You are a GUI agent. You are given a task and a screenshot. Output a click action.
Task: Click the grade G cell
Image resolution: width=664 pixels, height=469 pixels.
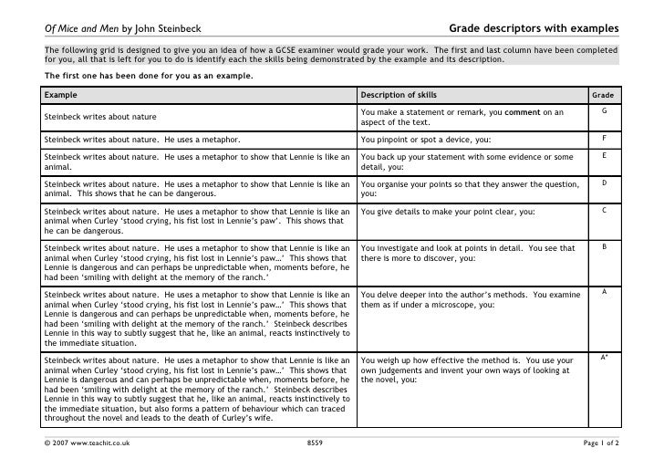pos(603,111)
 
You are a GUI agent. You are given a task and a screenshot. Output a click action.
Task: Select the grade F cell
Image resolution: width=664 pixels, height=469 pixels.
pos(603,139)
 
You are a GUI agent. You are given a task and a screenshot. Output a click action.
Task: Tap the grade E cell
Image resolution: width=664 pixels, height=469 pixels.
pos(603,157)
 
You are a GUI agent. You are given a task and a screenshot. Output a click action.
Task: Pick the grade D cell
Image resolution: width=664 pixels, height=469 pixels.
pos(603,183)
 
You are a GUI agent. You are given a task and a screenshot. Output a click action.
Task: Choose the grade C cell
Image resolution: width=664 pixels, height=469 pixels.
pos(603,211)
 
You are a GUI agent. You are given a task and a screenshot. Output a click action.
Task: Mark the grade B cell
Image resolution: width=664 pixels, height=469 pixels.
pos(603,247)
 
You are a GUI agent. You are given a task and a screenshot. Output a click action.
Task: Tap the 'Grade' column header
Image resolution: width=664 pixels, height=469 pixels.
pos(603,94)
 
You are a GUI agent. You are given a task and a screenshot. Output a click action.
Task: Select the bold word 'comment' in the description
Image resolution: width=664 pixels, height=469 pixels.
pos(520,111)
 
